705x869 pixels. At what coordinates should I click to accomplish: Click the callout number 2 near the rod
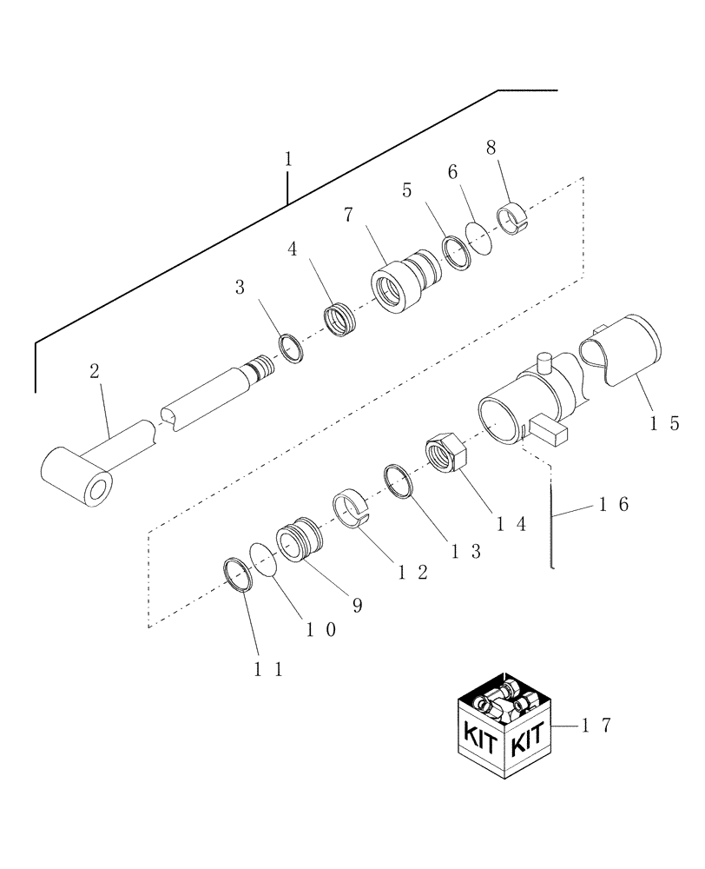click(95, 372)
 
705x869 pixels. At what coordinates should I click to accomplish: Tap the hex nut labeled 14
click(445, 454)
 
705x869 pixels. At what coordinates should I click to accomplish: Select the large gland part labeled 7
click(395, 284)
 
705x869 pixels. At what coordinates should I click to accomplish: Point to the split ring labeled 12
click(352, 510)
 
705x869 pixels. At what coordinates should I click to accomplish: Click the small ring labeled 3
click(292, 348)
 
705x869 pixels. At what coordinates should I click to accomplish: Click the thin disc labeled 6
click(479, 235)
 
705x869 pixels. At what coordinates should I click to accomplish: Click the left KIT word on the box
click(479, 739)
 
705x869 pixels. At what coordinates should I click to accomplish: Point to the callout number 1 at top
click(287, 160)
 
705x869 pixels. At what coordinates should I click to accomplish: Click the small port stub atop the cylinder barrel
click(545, 361)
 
